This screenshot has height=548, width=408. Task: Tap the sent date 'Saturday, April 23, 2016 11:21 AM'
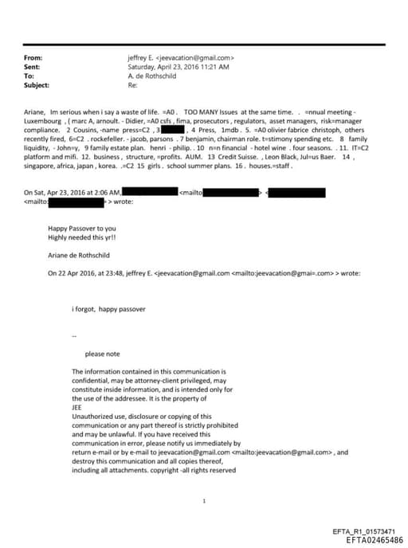point(178,67)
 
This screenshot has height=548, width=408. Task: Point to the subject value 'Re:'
point(131,84)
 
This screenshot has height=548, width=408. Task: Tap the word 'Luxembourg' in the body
point(44,123)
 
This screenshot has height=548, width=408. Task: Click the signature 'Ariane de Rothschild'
point(77,256)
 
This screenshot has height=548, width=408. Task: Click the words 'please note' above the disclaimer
point(102,354)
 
